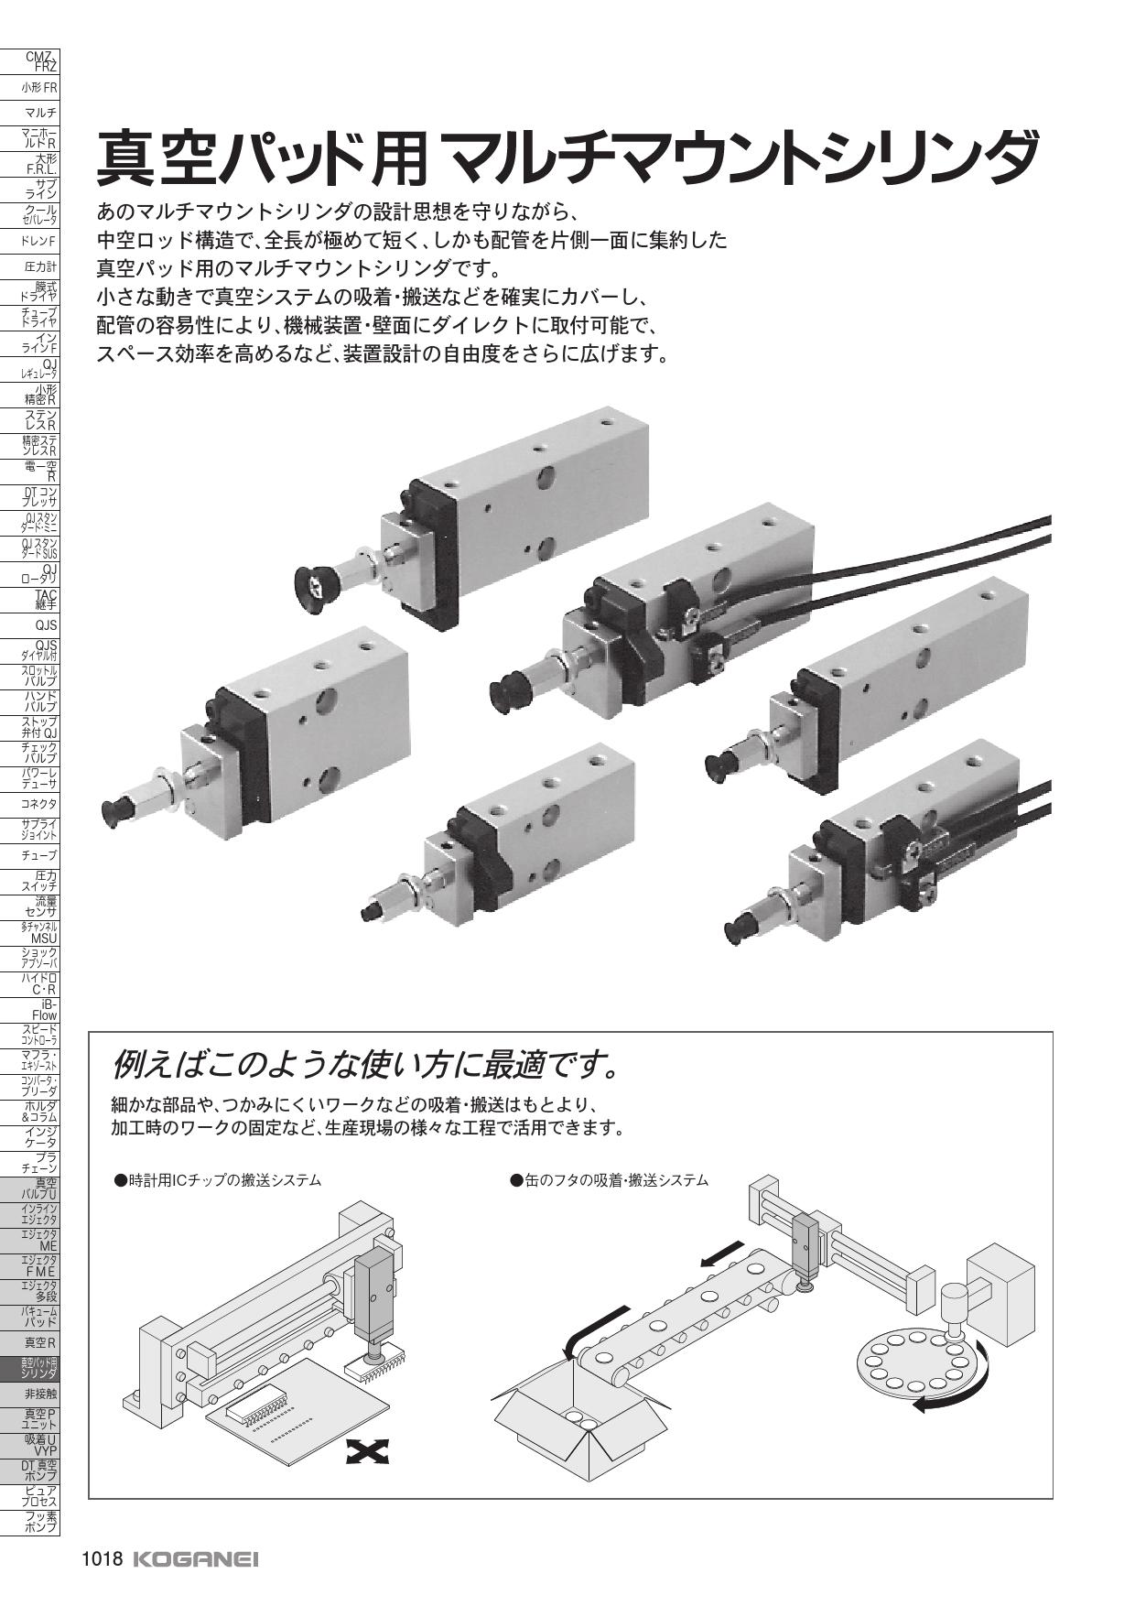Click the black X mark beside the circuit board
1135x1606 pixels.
click(x=368, y=1450)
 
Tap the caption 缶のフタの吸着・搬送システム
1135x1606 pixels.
click(x=609, y=1180)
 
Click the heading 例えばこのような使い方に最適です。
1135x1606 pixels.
click(x=362, y=1065)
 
